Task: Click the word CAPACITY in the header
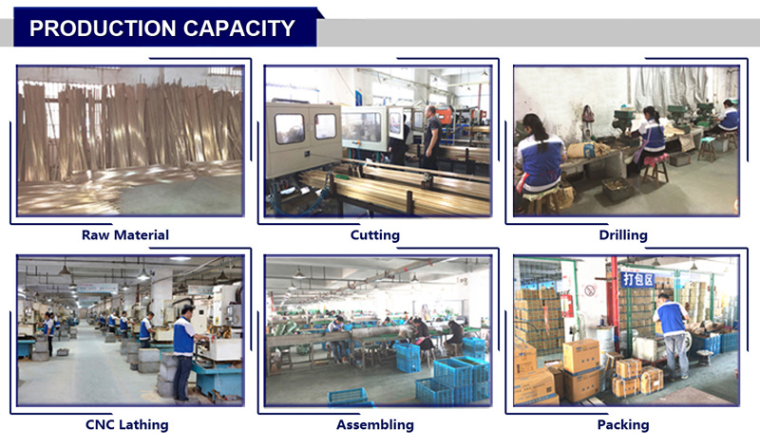tap(239, 28)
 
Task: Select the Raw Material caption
tap(125, 234)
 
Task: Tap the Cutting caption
tap(375, 235)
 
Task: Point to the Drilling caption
tap(623, 235)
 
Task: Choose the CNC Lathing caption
tap(127, 425)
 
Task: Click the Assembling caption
tap(375, 425)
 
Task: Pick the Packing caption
tap(623, 425)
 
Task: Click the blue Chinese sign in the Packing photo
tap(637, 279)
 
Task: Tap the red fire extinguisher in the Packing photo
tap(565, 303)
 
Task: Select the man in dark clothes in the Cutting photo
tap(431, 137)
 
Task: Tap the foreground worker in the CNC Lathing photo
tap(185, 352)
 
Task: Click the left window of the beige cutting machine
tap(289, 128)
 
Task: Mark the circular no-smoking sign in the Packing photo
tap(589, 290)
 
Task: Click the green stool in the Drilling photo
tap(706, 148)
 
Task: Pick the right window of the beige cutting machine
tap(325, 126)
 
